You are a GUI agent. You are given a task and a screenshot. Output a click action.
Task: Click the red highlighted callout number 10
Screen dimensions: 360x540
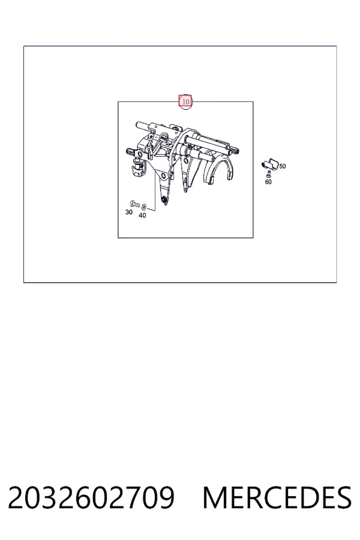pyautogui.click(x=185, y=101)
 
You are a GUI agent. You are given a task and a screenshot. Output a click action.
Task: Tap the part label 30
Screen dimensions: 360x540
pyautogui.click(x=129, y=212)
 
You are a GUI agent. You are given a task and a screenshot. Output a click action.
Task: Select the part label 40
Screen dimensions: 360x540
pyautogui.click(x=142, y=215)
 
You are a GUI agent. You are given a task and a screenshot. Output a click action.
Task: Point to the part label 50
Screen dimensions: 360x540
pyautogui.click(x=283, y=166)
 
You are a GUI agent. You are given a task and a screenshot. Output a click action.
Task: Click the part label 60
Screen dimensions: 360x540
pyautogui.click(x=268, y=182)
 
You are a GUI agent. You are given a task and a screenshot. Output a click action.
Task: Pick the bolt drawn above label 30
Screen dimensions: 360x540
pyautogui.click(x=134, y=204)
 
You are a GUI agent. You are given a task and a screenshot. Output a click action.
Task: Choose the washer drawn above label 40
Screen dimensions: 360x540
pyautogui.click(x=144, y=207)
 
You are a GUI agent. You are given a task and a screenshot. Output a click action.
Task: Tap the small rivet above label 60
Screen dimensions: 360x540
pyautogui.click(x=269, y=174)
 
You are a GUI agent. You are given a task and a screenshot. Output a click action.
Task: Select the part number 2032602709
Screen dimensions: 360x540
pyautogui.click(x=91, y=497)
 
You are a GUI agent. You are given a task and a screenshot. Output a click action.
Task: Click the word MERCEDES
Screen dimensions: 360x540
pyautogui.click(x=277, y=497)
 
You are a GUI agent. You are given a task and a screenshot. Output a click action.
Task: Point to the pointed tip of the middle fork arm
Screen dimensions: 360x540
pyautogui.click(x=185, y=190)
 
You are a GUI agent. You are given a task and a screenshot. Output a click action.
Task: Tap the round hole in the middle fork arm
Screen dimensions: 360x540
pyautogui.click(x=186, y=161)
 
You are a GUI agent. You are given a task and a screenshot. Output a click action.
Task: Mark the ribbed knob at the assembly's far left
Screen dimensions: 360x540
pyautogui.click(x=130, y=152)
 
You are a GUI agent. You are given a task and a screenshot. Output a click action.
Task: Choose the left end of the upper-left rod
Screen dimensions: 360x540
pyautogui.click(x=137, y=125)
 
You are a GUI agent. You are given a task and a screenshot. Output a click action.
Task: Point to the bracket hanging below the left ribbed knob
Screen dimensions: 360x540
pyautogui.click(x=139, y=169)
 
